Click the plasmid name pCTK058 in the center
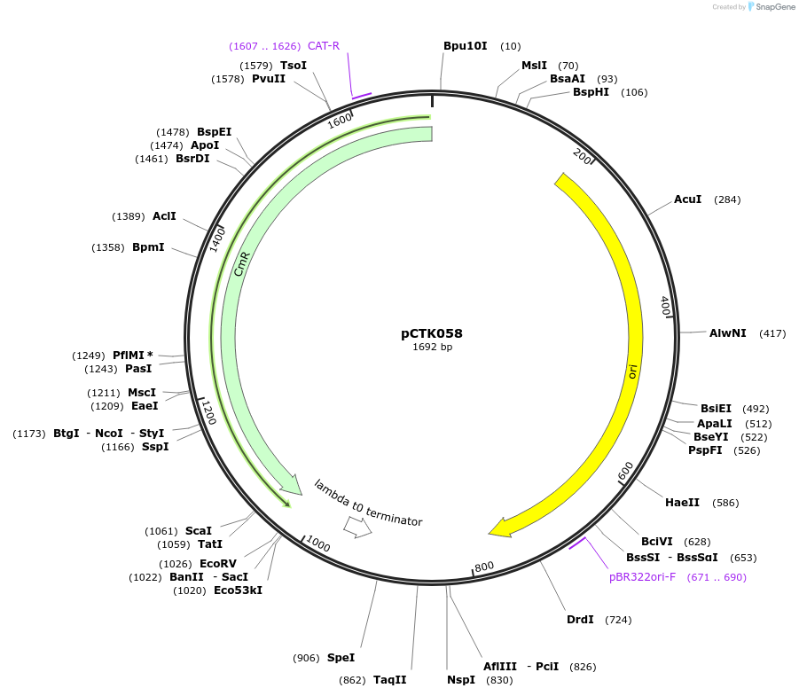[432, 334]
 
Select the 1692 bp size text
[432, 348]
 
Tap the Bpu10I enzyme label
[466, 46]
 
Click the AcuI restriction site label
[687, 199]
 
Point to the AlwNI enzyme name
[727, 333]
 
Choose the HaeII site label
[682, 503]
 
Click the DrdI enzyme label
[580, 620]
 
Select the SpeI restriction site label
[341, 658]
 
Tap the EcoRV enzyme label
[218, 564]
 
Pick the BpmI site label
[148, 247]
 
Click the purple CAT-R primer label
[324, 46]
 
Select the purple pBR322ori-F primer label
[642, 577]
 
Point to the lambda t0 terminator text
[368, 503]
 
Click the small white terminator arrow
[357, 527]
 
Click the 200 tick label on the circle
[582, 156]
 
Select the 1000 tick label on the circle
[317, 544]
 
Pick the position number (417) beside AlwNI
[772, 333]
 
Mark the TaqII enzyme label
[389, 680]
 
